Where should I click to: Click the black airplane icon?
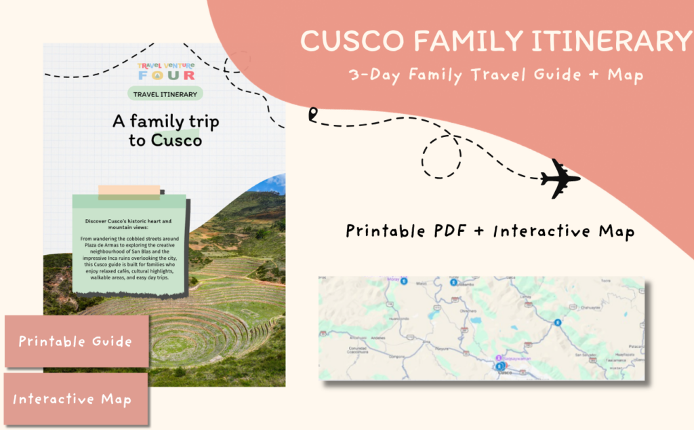(x=560, y=178)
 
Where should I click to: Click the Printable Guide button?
(x=75, y=341)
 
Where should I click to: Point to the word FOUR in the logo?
(x=166, y=75)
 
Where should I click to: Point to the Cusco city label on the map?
(x=504, y=372)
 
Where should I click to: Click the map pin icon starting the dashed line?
(x=312, y=115)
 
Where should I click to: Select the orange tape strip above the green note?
(x=129, y=193)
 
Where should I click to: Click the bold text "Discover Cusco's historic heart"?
(x=129, y=221)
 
